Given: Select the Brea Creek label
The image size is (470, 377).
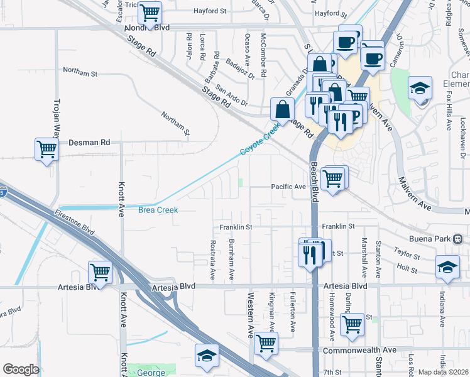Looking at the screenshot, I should [x=158, y=210].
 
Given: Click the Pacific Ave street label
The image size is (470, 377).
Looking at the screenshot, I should [x=288, y=187].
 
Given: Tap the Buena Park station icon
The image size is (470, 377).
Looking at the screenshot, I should [x=458, y=239].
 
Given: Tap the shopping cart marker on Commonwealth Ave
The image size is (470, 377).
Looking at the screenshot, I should [x=266, y=343].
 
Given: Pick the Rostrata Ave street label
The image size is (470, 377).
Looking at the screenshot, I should [x=213, y=259].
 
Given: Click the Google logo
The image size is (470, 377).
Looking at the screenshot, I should [x=20, y=369].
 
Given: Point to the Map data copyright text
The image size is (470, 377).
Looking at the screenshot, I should [x=444, y=372].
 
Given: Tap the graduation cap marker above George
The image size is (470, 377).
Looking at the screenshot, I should [x=207, y=356].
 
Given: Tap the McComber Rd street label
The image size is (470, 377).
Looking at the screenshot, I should [x=263, y=55].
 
